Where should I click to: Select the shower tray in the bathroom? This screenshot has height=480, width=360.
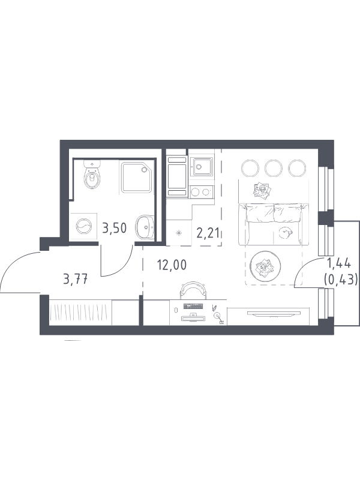click(x=136, y=178)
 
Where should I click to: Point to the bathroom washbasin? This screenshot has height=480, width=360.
click(x=145, y=227)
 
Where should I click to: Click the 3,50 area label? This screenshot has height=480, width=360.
click(x=114, y=228)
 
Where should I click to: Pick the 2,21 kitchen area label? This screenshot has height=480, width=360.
click(x=208, y=233)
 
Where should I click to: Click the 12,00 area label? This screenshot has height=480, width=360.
click(x=172, y=265)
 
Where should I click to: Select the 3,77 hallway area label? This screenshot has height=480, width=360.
click(x=76, y=279)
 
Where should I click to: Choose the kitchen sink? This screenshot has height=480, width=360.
click(x=201, y=167)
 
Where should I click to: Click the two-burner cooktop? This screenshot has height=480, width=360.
click(x=201, y=192)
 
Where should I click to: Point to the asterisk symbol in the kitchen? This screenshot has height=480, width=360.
click(x=179, y=233)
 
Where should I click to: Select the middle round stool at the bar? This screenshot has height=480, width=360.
click(x=274, y=168)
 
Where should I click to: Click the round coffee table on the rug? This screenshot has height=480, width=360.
click(x=265, y=266)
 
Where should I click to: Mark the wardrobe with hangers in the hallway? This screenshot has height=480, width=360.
click(x=80, y=312)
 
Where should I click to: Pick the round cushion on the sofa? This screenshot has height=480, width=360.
click(x=286, y=232)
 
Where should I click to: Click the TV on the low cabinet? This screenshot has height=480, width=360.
click(x=274, y=313)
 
